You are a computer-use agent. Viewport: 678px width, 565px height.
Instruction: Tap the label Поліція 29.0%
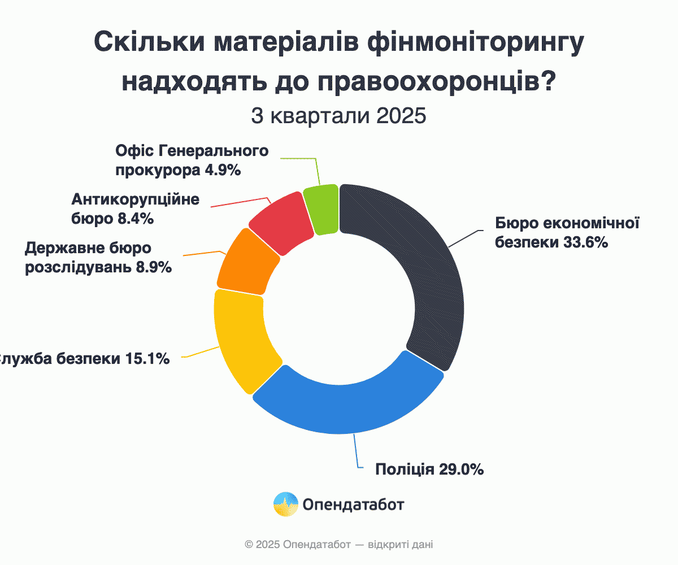(429, 469)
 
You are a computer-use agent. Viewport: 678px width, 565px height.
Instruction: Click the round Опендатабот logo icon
(286, 504)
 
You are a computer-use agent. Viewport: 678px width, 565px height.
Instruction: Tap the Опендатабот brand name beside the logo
(354, 505)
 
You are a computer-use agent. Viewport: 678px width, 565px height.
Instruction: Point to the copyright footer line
(339, 545)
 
